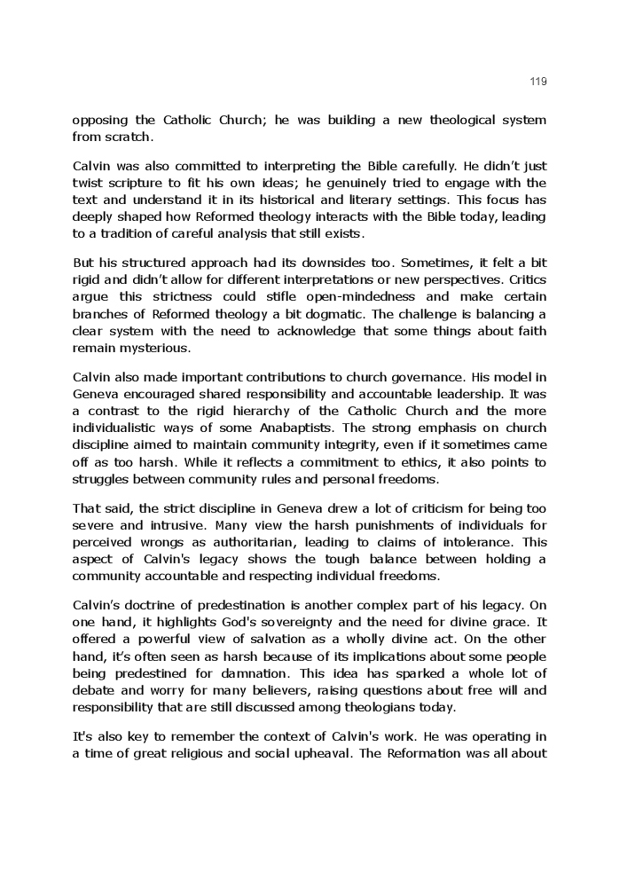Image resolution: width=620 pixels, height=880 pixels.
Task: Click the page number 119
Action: tap(538, 82)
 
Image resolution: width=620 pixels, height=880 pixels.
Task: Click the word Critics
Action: tap(525, 279)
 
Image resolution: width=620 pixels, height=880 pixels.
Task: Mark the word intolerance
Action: tap(472, 542)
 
